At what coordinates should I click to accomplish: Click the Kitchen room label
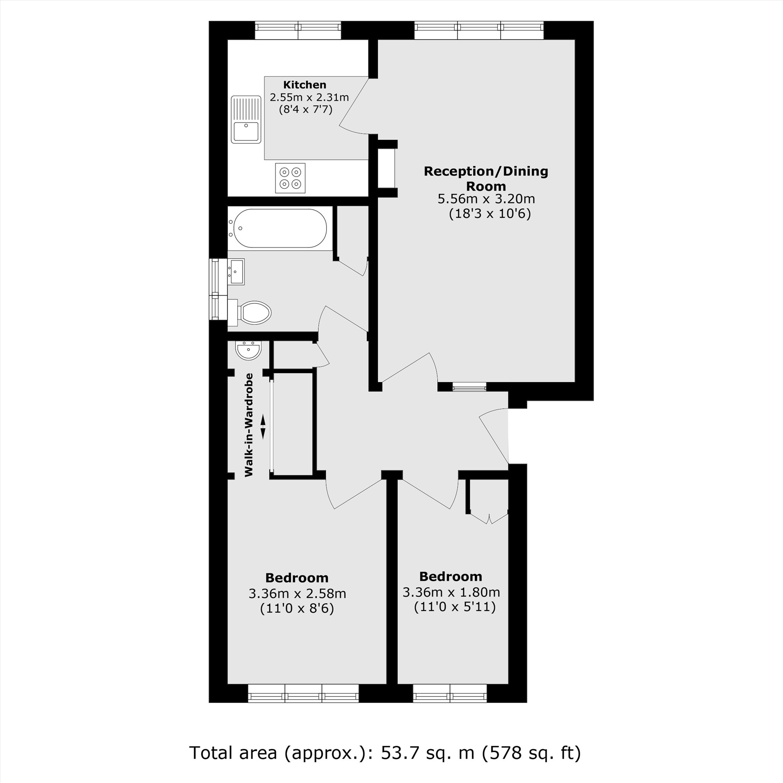[304, 85]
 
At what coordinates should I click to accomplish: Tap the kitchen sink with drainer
[246, 119]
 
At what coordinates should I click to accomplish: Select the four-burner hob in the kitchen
[290, 178]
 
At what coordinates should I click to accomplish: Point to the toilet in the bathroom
[253, 313]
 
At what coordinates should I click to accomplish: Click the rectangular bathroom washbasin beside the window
[236, 272]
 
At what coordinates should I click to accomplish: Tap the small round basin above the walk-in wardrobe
[249, 350]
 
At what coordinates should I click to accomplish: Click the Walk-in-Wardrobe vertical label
[249, 425]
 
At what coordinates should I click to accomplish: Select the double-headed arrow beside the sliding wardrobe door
[263, 427]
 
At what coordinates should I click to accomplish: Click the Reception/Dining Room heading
[486, 178]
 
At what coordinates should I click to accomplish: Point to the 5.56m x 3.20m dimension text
[486, 199]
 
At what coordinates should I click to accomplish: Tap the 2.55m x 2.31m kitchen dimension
[309, 97]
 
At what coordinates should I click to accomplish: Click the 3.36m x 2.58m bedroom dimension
[297, 594]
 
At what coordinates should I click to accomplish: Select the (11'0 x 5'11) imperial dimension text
[455, 607]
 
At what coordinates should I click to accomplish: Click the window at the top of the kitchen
[298, 31]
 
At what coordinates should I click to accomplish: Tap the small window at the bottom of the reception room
[469, 388]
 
